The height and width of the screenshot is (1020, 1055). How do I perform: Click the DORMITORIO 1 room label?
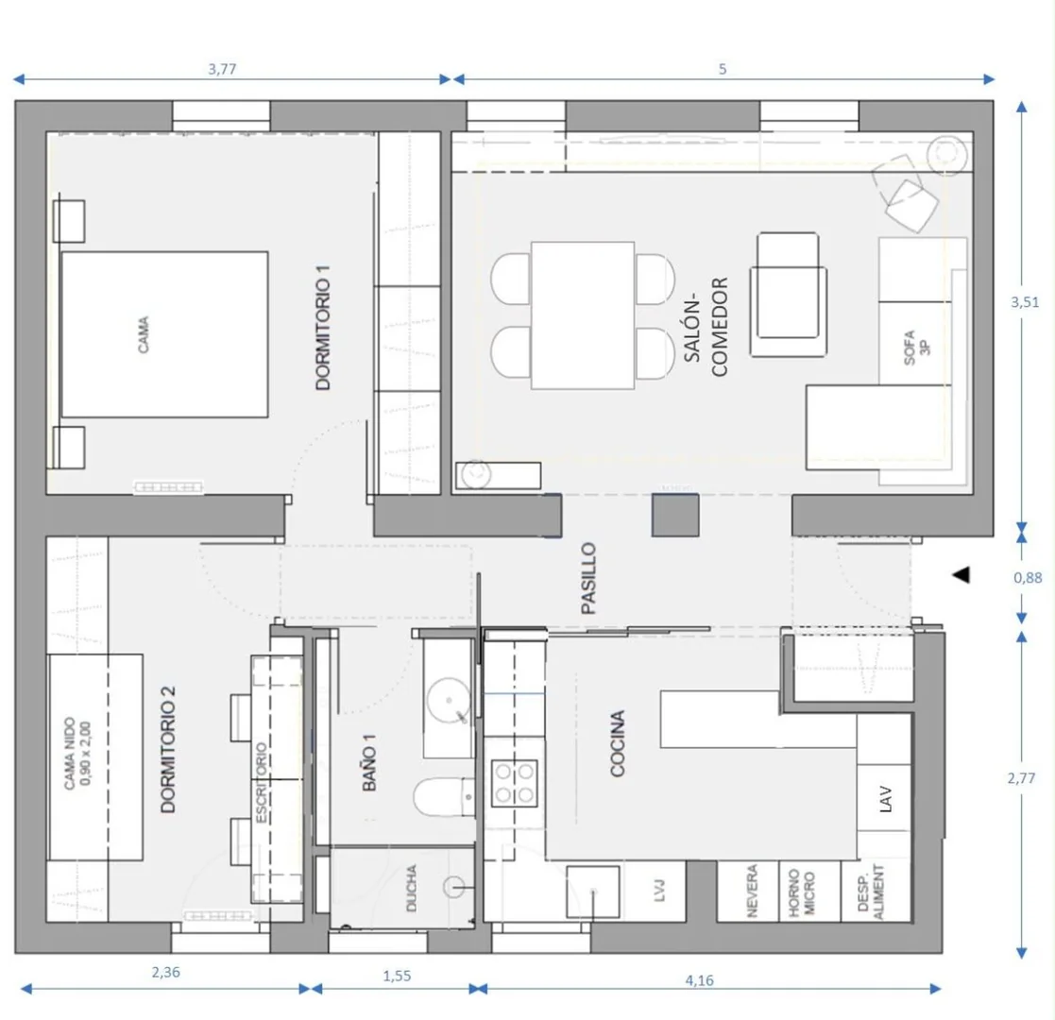pos(324,328)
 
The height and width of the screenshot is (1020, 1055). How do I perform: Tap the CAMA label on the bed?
pos(144,334)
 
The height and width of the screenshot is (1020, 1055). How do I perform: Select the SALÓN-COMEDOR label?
pos(706,327)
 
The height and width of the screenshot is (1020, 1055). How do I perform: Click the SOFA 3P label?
pos(916,348)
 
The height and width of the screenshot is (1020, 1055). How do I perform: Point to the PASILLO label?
pos(588,579)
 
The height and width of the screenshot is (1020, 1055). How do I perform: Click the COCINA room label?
pos(618,743)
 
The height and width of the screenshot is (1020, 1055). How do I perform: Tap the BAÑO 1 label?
pos(369,762)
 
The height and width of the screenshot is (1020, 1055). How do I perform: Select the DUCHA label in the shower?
pos(412,888)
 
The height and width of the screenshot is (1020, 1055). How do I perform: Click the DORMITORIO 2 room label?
pos(168,750)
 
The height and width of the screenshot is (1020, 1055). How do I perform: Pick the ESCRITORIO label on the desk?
pos(261,783)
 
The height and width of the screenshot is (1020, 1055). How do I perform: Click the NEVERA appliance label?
pos(752,891)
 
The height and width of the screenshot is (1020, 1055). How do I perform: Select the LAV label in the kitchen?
pos(885,799)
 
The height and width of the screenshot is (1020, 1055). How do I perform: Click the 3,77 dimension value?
pos(222,69)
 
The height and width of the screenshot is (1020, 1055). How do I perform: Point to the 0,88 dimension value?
pos(1029,577)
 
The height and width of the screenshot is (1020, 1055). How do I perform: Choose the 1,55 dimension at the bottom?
pos(397,976)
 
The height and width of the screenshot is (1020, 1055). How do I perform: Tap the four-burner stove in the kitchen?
pos(515,783)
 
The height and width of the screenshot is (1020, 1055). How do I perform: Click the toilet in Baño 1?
pos(443,796)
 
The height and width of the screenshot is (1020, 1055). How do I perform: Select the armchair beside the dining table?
pos(788,294)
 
